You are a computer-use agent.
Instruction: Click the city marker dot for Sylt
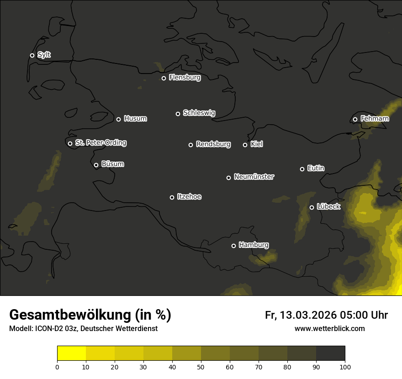click(x=32, y=55)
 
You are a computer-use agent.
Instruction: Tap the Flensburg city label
click(x=185, y=78)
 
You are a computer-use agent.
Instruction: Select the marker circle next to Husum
click(x=118, y=119)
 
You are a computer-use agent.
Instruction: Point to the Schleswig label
click(x=199, y=113)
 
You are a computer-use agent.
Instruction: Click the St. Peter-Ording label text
click(x=100, y=143)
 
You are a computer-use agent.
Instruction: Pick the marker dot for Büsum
click(x=96, y=165)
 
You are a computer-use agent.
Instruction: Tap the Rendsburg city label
click(x=213, y=144)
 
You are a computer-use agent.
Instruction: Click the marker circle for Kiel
click(x=245, y=145)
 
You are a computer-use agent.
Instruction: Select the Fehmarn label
click(x=375, y=119)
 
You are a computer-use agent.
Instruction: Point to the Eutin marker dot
click(x=302, y=169)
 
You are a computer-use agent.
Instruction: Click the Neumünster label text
click(x=254, y=177)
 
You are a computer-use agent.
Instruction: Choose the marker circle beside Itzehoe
click(x=172, y=197)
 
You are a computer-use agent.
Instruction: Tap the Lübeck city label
click(x=328, y=207)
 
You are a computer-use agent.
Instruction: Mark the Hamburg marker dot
click(x=233, y=246)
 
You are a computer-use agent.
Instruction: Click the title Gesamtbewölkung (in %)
click(x=90, y=315)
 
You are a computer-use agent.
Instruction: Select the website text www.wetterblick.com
click(x=329, y=328)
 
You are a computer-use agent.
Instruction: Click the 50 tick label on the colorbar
click(x=201, y=367)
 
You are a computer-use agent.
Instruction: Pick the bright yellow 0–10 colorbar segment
click(x=72, y=353)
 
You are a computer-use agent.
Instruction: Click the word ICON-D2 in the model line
click(x=48, y=329)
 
